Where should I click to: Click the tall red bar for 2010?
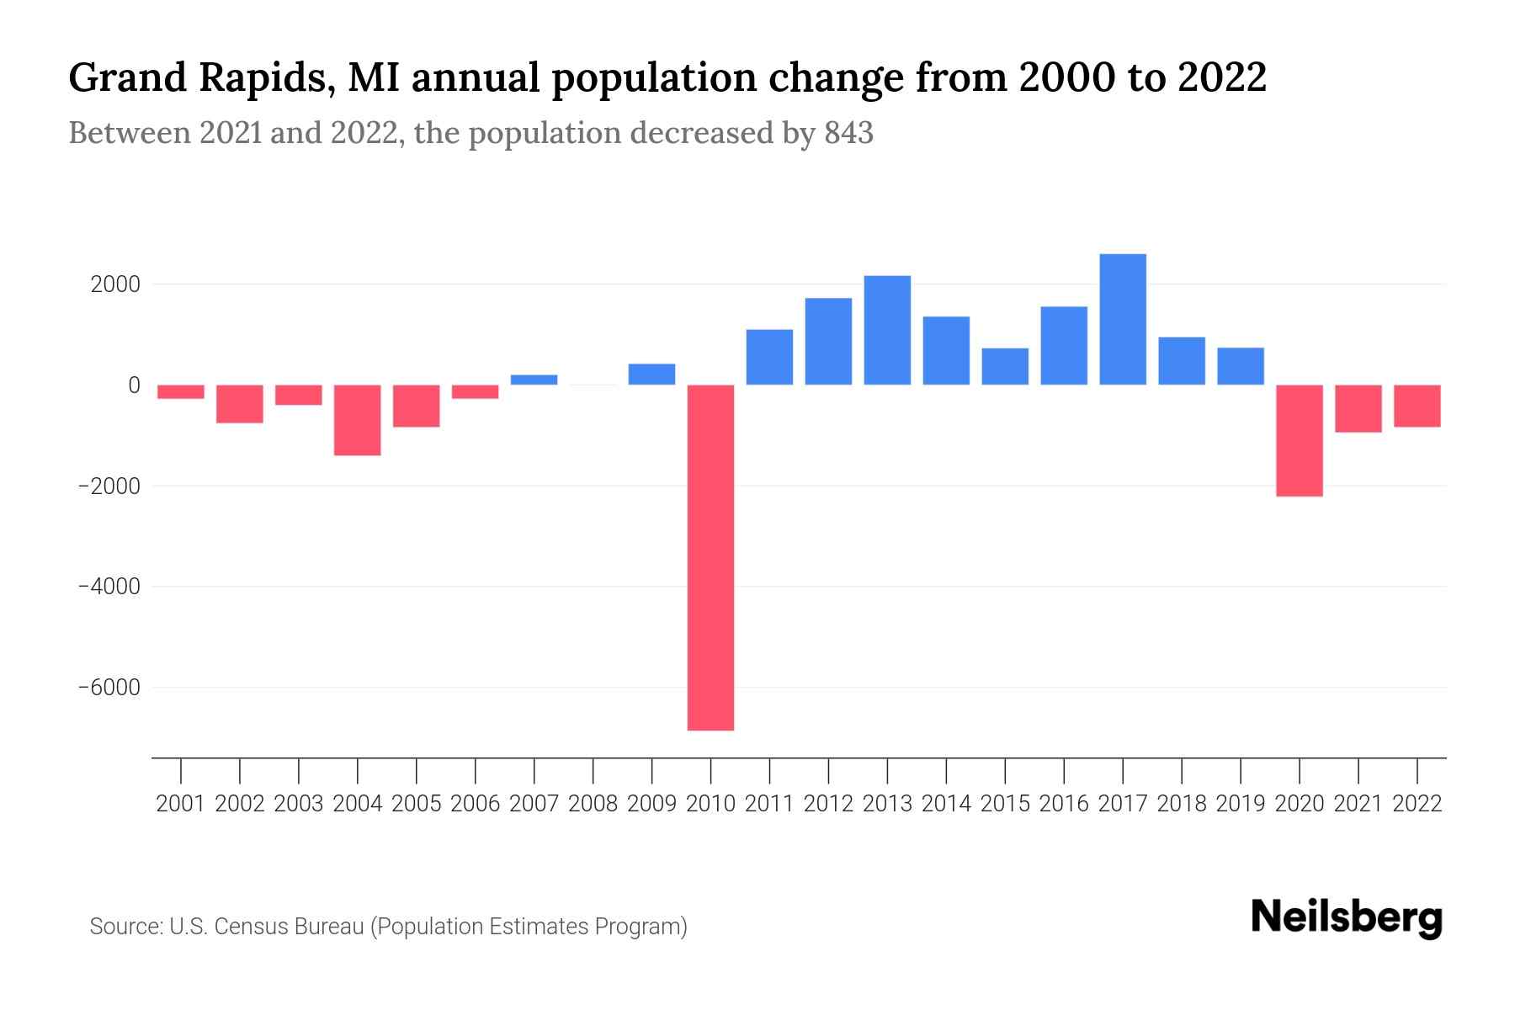coord(710,557)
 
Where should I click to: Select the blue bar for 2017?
coord(1123,320)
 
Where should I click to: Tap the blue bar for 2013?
coord(887,330)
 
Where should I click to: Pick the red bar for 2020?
coord(1300,440)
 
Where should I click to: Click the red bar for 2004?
coord(358,420)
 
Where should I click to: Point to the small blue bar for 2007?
coord(534,380)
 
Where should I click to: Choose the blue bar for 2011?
coord(769,357)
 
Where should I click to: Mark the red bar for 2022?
coord(1417,406)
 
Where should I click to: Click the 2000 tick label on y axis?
coord(115,284)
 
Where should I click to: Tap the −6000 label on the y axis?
coord(109,688)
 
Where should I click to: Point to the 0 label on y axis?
coord(134,385)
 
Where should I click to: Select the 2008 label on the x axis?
coord(593,804)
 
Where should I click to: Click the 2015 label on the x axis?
coord(1005,804)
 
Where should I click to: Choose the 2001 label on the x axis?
coord(181,804)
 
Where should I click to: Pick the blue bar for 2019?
coord(1241,366)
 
